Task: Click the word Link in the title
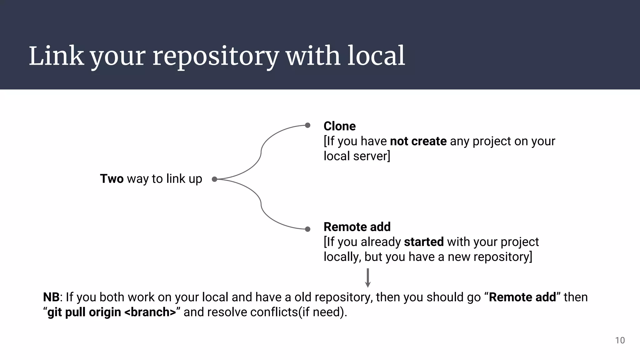click(x=56, y=56)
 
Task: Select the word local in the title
click(x=376, y=56)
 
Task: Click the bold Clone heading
click(x=339, y=126)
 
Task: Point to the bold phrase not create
click(x=418, y=141)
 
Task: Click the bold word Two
click(x=112, y=179)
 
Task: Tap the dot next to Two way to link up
click(x=214, y=179)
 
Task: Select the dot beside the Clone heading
click(x=307, y=125)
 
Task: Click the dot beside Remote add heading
click(x=307, y=229)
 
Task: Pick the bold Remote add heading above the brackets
click(x=357, y=227)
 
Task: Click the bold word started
click(x=424, y=242)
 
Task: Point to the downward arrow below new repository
click(x=368, y=277)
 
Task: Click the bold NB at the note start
click(x=51, y=297)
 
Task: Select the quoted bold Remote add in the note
click(x=522, y=297)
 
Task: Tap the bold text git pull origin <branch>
click(x=112, y=312)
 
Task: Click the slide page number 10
click(x=620, y=340)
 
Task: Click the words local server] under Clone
click(x=357, y=156)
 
